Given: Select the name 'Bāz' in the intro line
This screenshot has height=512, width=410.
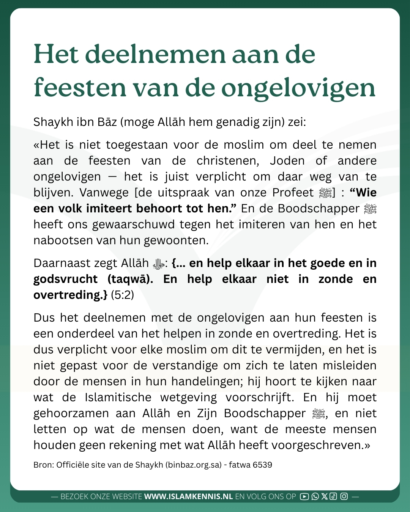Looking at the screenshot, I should [x=107, y=122].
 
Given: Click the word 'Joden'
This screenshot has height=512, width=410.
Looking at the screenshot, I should [x=287, y=161].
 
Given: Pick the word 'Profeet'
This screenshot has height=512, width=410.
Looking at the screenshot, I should [x=293, y=193].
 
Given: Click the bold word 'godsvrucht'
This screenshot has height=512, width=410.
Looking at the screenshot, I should [x=66, y=279].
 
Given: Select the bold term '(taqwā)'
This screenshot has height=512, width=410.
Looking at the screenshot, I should [x=131, y=279].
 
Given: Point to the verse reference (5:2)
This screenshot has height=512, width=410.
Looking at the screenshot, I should [x=122, y=295].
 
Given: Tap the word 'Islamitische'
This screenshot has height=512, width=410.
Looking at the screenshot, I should [x=118, y=397].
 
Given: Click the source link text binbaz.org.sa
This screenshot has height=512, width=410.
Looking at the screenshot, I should [x=194, y=465].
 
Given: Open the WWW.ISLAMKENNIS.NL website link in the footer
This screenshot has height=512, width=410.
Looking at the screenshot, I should [x=188, y=496].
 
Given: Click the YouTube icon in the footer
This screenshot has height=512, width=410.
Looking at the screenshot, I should [x=304, y=496].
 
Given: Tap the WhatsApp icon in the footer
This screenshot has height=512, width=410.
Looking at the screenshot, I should [x=315, y=496].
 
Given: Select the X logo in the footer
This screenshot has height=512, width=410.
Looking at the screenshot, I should [x=324, y=496].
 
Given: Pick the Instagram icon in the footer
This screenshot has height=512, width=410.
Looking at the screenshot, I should [x=344, y=496].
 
